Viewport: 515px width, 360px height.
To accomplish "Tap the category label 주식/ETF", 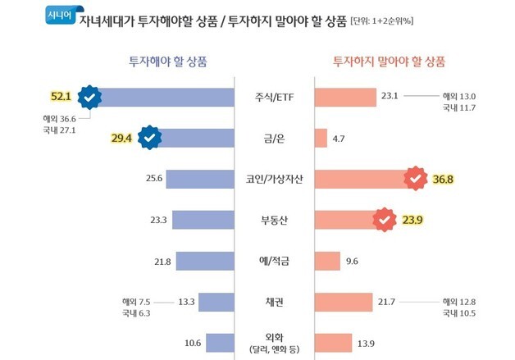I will [x=273, y=98].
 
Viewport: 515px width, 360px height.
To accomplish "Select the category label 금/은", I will [x=273, y=139].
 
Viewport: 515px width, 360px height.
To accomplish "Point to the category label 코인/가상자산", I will [x=273, y=180].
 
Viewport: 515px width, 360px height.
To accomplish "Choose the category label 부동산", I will [x=273, y=221].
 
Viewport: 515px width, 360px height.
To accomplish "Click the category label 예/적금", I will [x=273, y=262].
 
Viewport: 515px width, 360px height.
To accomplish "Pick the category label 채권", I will [x=273, y=303].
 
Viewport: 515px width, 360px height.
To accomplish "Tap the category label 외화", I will [x=273, y=340].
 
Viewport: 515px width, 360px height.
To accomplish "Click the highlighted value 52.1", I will [x=62, y=98].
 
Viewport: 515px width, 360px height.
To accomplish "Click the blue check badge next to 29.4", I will [x=148, y=139].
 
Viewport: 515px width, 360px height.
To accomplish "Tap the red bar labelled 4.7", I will [x=321, y=139].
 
